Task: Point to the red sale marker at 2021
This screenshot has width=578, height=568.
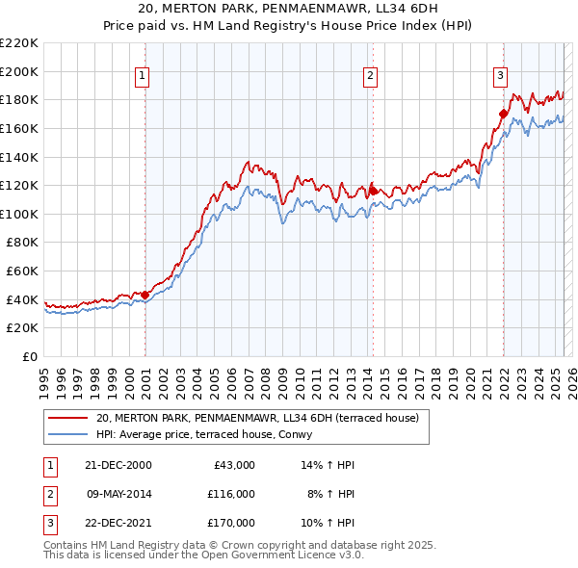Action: point(503,114)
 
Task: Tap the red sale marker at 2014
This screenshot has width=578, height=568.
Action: point(373,191)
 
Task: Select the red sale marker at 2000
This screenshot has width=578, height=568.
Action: point(144,295)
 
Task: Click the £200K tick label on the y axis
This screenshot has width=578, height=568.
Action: point(19,71)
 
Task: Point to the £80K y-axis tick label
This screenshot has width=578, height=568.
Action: point(22,243)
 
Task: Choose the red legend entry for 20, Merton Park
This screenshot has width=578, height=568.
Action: point(257,419)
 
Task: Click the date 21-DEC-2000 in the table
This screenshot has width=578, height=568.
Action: point(118,465)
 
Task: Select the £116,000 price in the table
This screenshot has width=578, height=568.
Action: point(230,494)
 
